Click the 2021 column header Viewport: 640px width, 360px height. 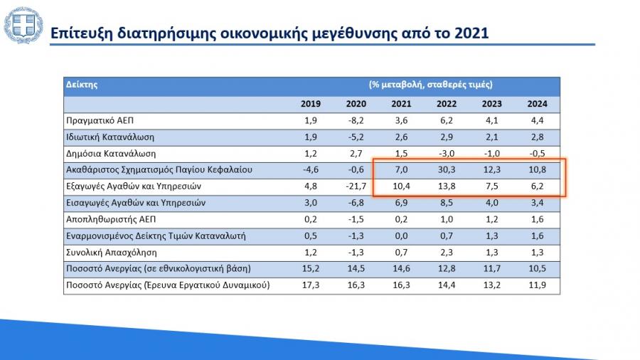(401, 104)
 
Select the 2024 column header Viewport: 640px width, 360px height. (537, 104)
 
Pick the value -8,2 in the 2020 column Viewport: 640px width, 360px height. (356, 120)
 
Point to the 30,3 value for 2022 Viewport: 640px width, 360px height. (447, 170)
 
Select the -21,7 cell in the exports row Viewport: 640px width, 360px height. (356, 186)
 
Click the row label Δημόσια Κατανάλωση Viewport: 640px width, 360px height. (110, 153)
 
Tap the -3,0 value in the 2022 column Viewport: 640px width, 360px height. (447, 153)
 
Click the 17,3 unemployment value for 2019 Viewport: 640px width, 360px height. (310, 285)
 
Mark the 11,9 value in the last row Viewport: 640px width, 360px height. (537, 285)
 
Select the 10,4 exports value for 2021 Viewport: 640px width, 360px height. (401, 186)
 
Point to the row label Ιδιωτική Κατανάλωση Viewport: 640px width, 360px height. (110, 137)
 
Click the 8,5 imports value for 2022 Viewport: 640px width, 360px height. (447, 203)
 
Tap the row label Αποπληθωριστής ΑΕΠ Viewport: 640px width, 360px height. (105, 219)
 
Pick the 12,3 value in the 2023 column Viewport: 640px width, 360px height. (492, 170)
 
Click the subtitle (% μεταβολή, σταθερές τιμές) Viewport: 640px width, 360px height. (431, 85)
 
